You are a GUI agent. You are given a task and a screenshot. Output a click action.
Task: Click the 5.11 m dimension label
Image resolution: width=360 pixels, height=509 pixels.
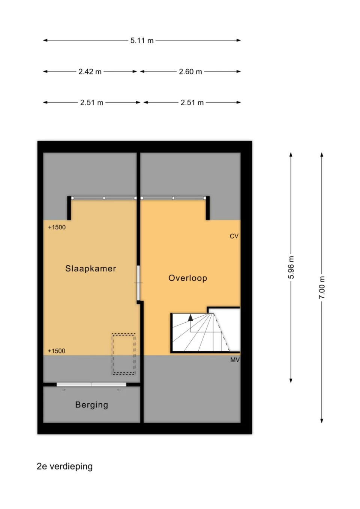(142, 40)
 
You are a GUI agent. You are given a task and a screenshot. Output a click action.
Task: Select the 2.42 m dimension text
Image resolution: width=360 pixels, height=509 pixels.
(90, 72)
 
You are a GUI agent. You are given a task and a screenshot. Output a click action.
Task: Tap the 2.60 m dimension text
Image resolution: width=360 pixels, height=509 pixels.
(190, 72)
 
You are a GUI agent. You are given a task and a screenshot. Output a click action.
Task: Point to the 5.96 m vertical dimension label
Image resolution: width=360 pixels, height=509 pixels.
(291, 267)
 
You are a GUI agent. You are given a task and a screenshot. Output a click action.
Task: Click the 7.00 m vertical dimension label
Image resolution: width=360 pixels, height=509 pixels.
(322, 287)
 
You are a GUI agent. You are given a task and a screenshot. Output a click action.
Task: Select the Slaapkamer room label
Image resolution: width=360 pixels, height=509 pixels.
(90, 269)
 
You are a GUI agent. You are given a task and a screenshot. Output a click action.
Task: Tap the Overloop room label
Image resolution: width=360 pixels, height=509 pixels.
(188, 278)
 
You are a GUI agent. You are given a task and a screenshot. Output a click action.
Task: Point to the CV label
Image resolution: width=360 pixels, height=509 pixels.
(234, 236)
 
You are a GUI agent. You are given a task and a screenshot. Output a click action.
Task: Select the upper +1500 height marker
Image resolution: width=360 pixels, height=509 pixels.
(57, 227)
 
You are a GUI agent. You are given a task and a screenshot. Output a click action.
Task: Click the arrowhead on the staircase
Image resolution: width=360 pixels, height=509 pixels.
(190, 318)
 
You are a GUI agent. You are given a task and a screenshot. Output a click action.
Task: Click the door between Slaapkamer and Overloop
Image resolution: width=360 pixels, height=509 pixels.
(138, 283)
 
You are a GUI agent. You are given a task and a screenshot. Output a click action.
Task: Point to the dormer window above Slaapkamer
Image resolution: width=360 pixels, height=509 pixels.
(104, 198)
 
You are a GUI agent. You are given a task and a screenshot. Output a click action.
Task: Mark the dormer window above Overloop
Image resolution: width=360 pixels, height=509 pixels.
(173, 198)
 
